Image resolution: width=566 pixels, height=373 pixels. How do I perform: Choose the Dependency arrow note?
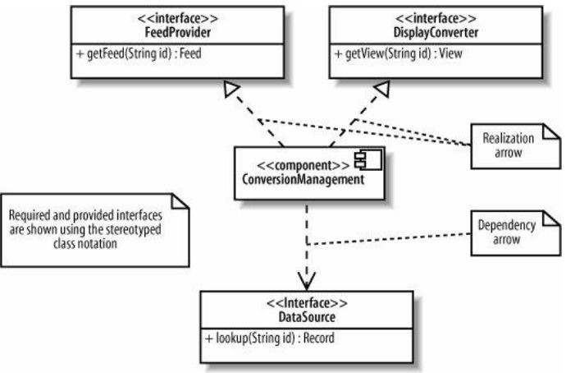[x=506, y=230]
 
